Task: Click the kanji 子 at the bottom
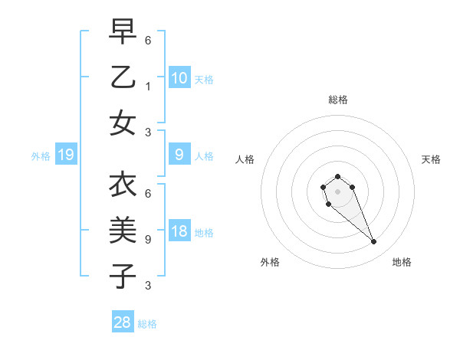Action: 123,275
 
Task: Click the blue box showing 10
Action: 179,77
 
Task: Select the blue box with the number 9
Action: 179,154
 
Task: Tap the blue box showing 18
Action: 179,231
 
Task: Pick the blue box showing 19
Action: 65,155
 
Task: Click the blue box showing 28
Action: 123,322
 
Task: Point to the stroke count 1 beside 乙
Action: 148,87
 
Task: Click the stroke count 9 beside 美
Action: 148,239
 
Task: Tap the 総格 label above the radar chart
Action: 337,100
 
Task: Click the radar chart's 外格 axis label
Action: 270,262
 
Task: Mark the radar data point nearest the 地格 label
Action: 374,242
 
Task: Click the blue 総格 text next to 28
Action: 147,324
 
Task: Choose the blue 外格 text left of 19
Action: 41,156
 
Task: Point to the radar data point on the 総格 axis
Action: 337,177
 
